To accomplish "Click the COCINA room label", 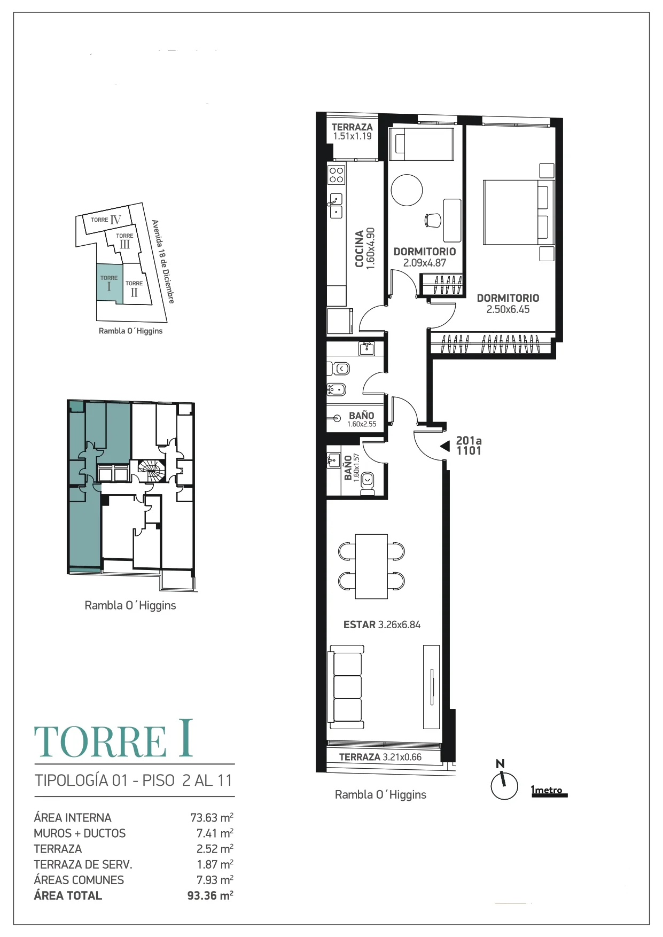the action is tap(359, 249).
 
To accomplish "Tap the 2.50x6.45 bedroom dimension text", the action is tap(508, 309).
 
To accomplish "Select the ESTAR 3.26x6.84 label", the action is tap(382, 624).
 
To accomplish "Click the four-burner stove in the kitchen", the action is tap(337, 175).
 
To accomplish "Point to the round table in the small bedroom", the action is tap(407, 190).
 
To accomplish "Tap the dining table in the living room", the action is tap(372, 566).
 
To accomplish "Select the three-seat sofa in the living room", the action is tap(347, 687).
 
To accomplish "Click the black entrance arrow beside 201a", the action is tap(444, 446).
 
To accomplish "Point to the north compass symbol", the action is tap(504, 782).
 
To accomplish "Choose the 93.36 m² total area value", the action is tap(210, 896).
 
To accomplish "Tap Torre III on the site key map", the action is tap(124, 241).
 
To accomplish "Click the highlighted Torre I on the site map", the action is tap(110, 283).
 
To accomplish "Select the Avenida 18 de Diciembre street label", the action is tap(163, 262).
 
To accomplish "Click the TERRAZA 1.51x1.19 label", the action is tap(352, 131).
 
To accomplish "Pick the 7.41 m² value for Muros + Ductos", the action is tap(215, 833).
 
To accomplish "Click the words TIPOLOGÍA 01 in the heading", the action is tap(82, 780).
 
